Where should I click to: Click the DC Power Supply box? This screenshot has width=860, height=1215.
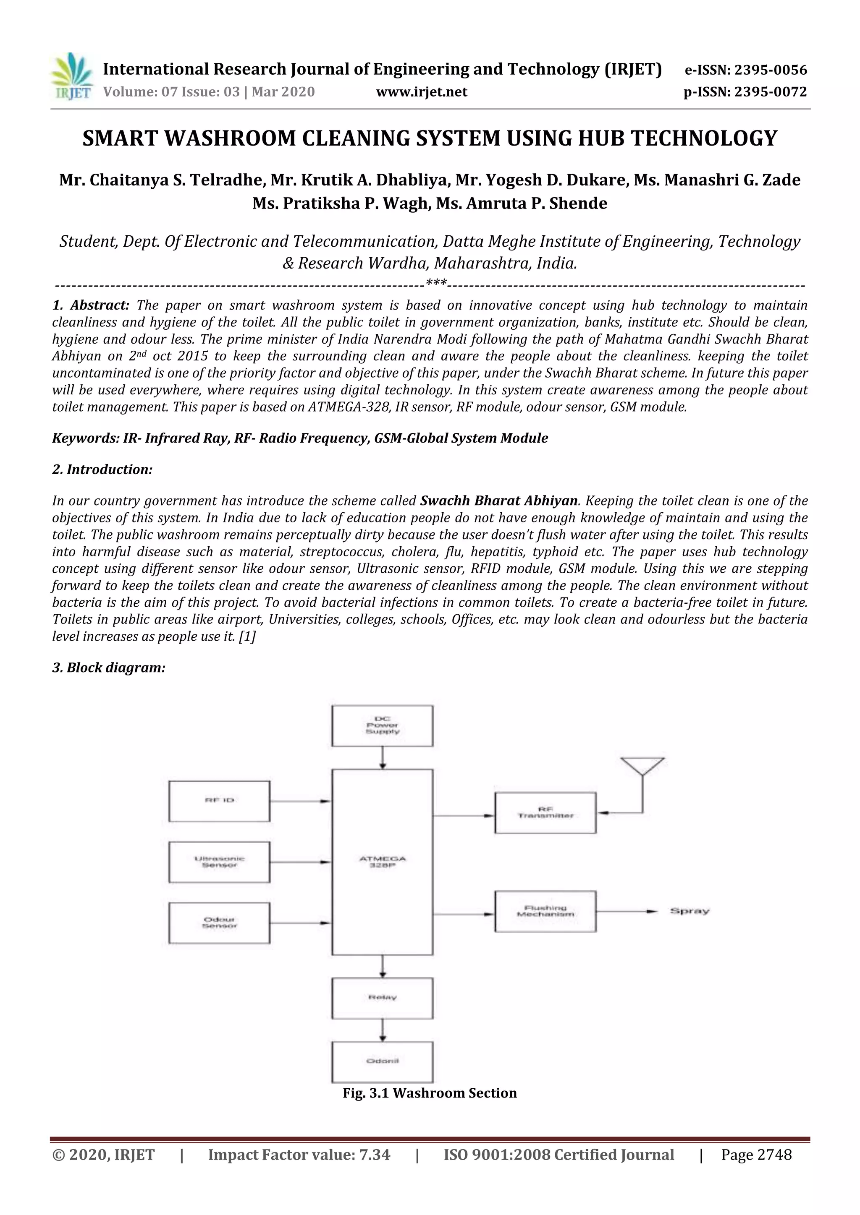coord(383,725)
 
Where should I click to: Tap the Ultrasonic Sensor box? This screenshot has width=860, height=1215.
coord(219,862)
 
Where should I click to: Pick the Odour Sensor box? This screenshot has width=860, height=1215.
coord(219,923)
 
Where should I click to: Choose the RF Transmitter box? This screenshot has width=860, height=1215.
coord(545,813)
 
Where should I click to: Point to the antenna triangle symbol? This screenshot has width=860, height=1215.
coord(642,766)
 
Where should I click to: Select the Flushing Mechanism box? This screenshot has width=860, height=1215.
coord(545,911)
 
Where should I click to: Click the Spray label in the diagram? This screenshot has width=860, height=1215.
coord(690,911)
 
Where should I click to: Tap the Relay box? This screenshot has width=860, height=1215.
coord(383,998)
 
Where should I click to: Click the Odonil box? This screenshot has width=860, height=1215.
coord(383,1061)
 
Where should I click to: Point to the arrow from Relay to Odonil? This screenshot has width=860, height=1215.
coord(383,1030)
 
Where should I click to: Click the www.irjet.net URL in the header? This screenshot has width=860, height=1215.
coord(422,92)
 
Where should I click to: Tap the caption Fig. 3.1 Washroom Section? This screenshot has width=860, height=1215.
coord(430,1093)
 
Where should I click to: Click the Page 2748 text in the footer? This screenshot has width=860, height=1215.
coord(756,1155)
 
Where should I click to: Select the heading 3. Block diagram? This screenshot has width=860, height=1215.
coord(109,668)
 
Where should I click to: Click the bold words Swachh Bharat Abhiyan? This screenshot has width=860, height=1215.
coord(499,501)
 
